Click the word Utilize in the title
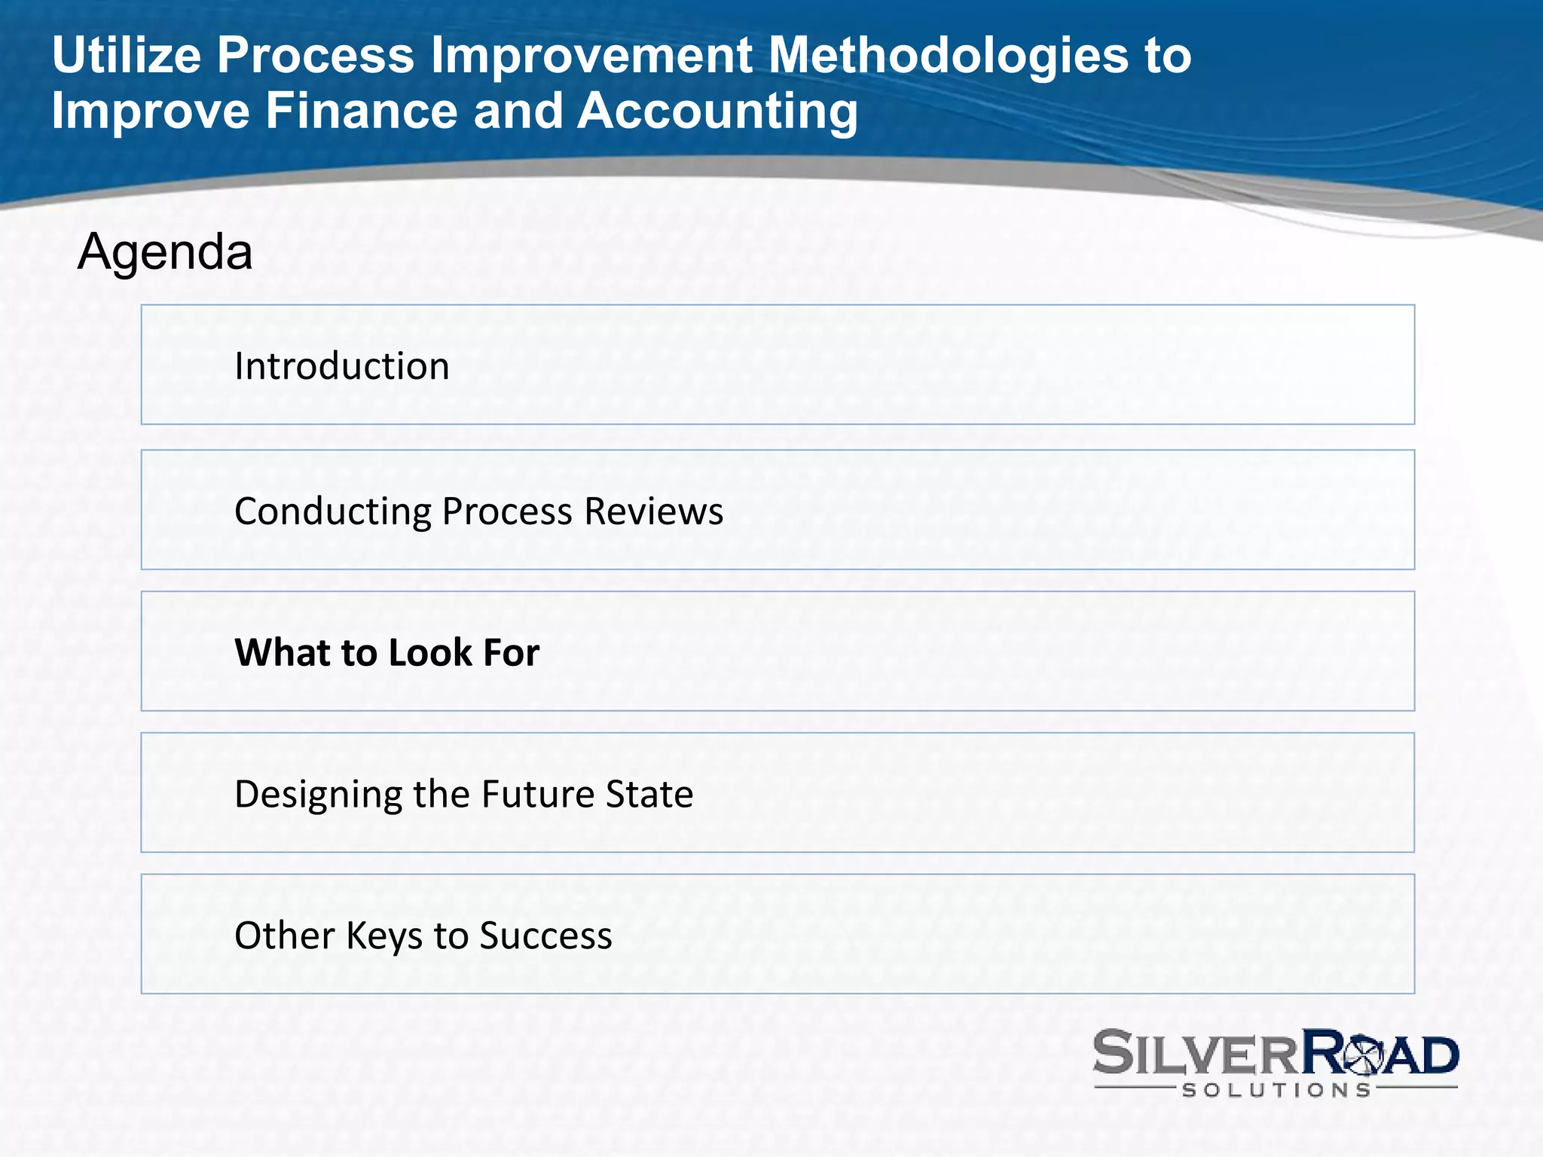[126, 56]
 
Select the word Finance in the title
[361, 111]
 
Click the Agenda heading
[164, 252]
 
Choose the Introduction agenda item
[341, 366]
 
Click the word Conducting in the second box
[332, 512]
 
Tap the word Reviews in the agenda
[653, 511]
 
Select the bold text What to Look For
[387, 652]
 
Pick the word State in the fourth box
[649, 794]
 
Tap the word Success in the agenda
[545, 936]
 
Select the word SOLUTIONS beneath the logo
[1276, 1090]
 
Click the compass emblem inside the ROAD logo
[1361, 1055]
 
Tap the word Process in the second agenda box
[507, 511]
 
